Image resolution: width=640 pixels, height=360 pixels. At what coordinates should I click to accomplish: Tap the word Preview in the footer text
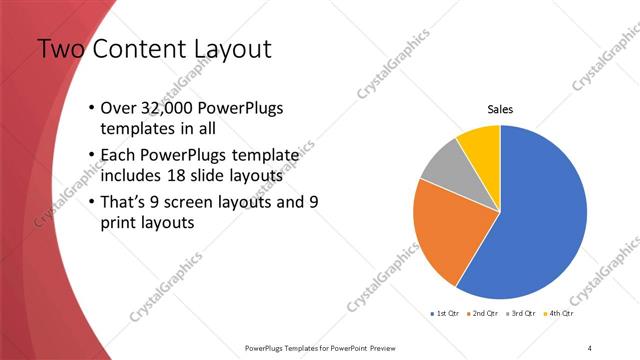(390, 347)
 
